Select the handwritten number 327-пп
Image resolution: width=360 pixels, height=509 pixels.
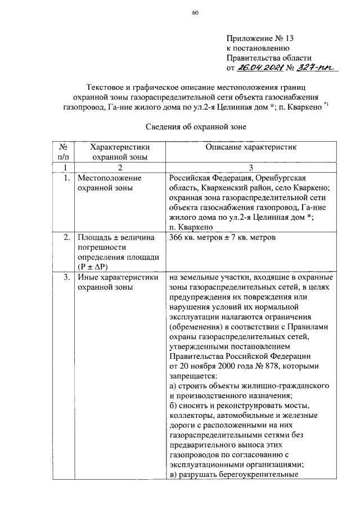point(315,69)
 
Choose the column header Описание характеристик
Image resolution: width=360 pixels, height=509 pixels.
point(250,147)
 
